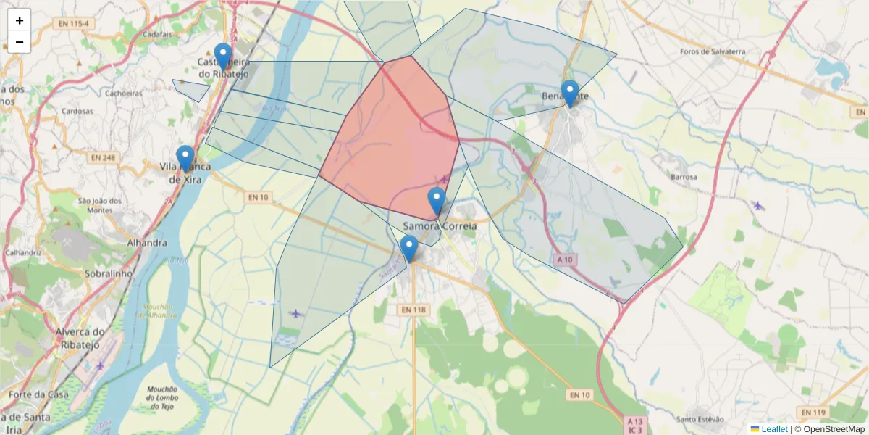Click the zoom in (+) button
20,20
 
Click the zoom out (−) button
20,42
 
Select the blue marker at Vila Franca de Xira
185,158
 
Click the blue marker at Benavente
570,93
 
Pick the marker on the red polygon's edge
437,200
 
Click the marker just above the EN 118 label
409,248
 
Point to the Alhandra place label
147,243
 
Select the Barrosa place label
684,177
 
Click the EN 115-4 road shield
75,24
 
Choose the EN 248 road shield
103,157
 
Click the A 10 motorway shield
565,259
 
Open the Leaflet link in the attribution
773,429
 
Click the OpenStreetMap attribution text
834,429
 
